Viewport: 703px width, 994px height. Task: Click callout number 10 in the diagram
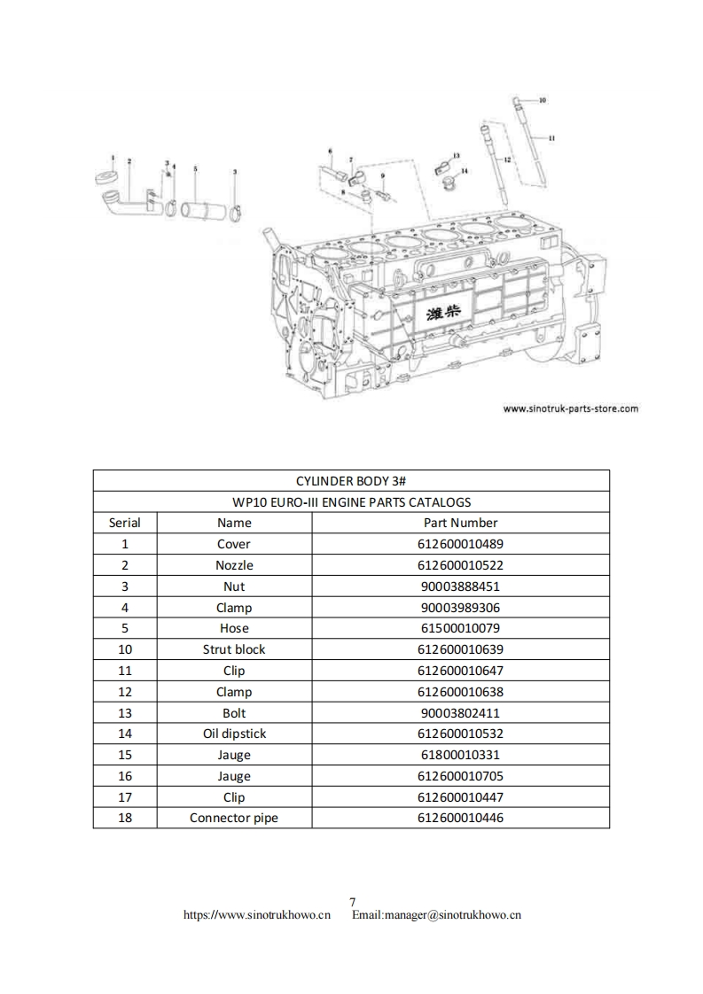pyautogui.click(x=543, y=100)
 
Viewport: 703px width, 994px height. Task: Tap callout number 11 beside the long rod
pyautogui.click(x=551, y=138)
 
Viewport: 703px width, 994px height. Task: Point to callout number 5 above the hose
pyautogui.click(x=195, y=167)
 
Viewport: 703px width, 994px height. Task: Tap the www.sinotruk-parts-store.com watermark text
pyautogui.click(x=570, y=409)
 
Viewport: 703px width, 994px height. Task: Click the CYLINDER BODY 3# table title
pyautogui.click(x=351, y=480)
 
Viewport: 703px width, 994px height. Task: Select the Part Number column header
pyautogui.click(x=460, y=523)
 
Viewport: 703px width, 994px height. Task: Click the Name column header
pyautogui.click(x=234, y=523)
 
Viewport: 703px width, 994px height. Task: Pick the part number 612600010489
pyautogui.click(x=460, y=544)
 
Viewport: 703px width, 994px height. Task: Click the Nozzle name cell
pyautogui.click(x=234, y=565)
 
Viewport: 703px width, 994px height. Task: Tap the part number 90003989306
pyautogui.click(x=460, y=608)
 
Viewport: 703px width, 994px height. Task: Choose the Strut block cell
pyautogui.click(x=234, y=649)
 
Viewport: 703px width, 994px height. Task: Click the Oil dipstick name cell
pyautogui.click(x=234, y=734)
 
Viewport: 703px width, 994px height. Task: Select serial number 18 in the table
pyautogui.click(x=125, y=818)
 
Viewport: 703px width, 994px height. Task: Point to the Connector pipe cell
pyautogui.click(x=234, y=818)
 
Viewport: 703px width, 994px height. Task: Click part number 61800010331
pyautogui.click(x=460, y=755)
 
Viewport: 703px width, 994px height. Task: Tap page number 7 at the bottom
pyautogui.click(x=352, y=902)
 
